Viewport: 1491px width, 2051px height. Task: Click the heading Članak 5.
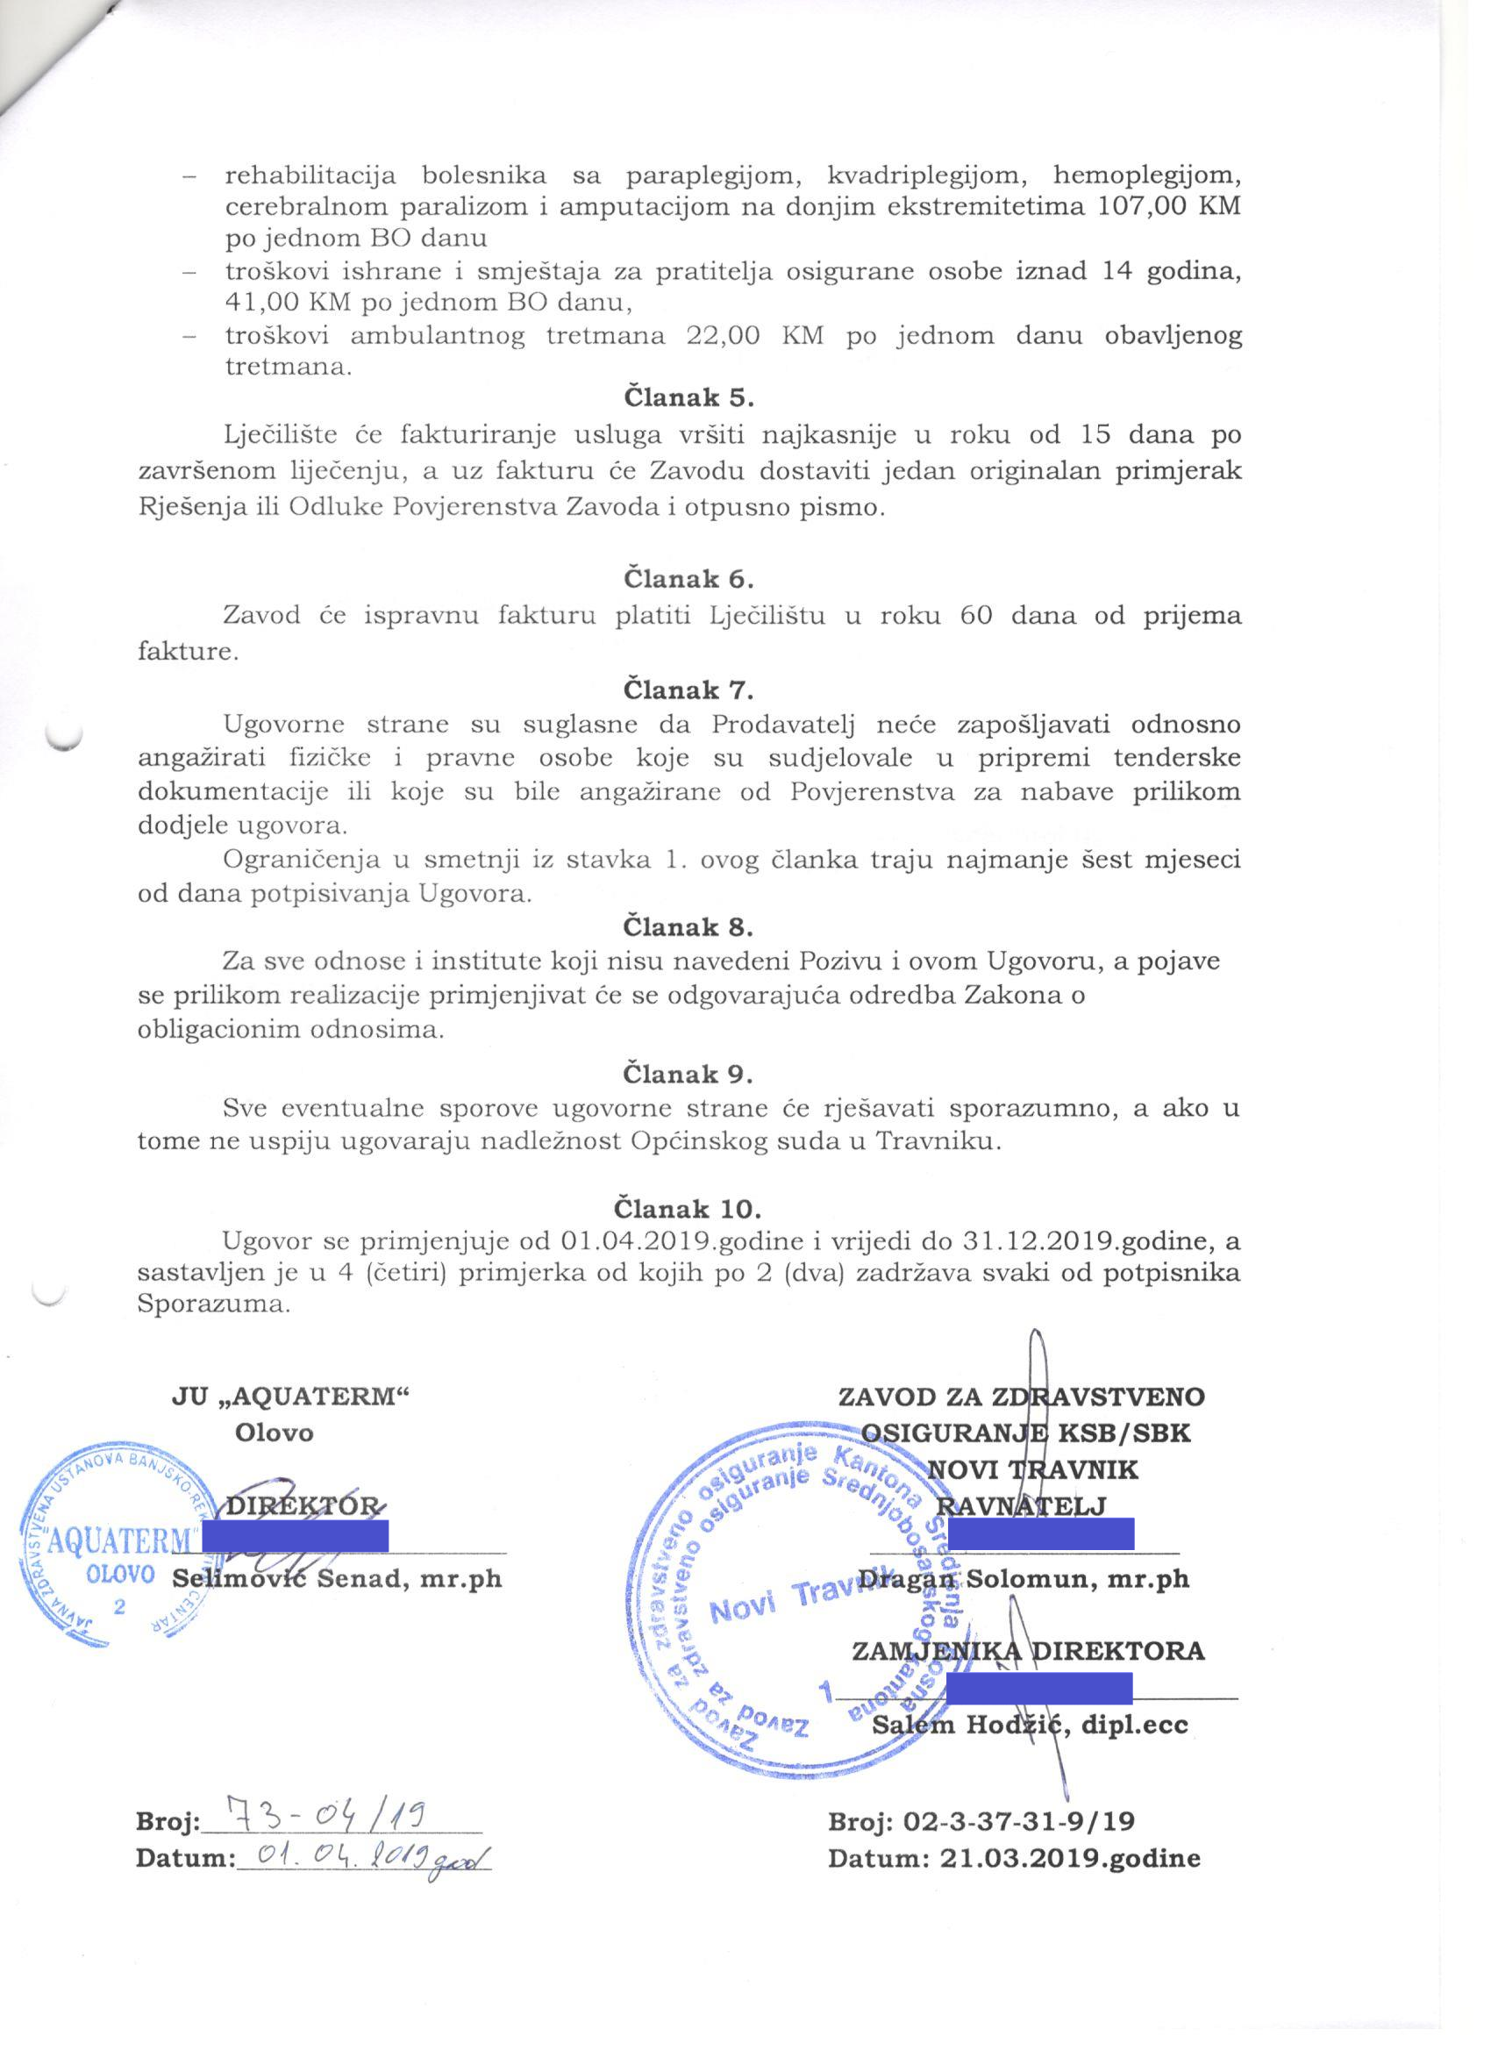tap(688, 397)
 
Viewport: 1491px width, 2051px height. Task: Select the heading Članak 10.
tap(688, 1208)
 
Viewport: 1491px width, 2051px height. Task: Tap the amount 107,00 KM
tap(1167, 206)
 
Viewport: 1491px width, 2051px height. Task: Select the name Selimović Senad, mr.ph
tap(337, 1577)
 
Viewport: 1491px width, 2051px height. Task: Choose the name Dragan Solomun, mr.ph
tap(1024, 1578)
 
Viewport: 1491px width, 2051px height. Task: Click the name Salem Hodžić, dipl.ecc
tap(1030, 1724)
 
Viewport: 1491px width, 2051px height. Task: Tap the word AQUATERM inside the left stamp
tap(120, 1540)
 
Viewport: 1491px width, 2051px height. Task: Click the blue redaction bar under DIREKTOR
tap(295, 1535)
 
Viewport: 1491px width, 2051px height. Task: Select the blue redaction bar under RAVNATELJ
tap(1041, 1534)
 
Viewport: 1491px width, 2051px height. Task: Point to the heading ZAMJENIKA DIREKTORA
tap(1028, 1649)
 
